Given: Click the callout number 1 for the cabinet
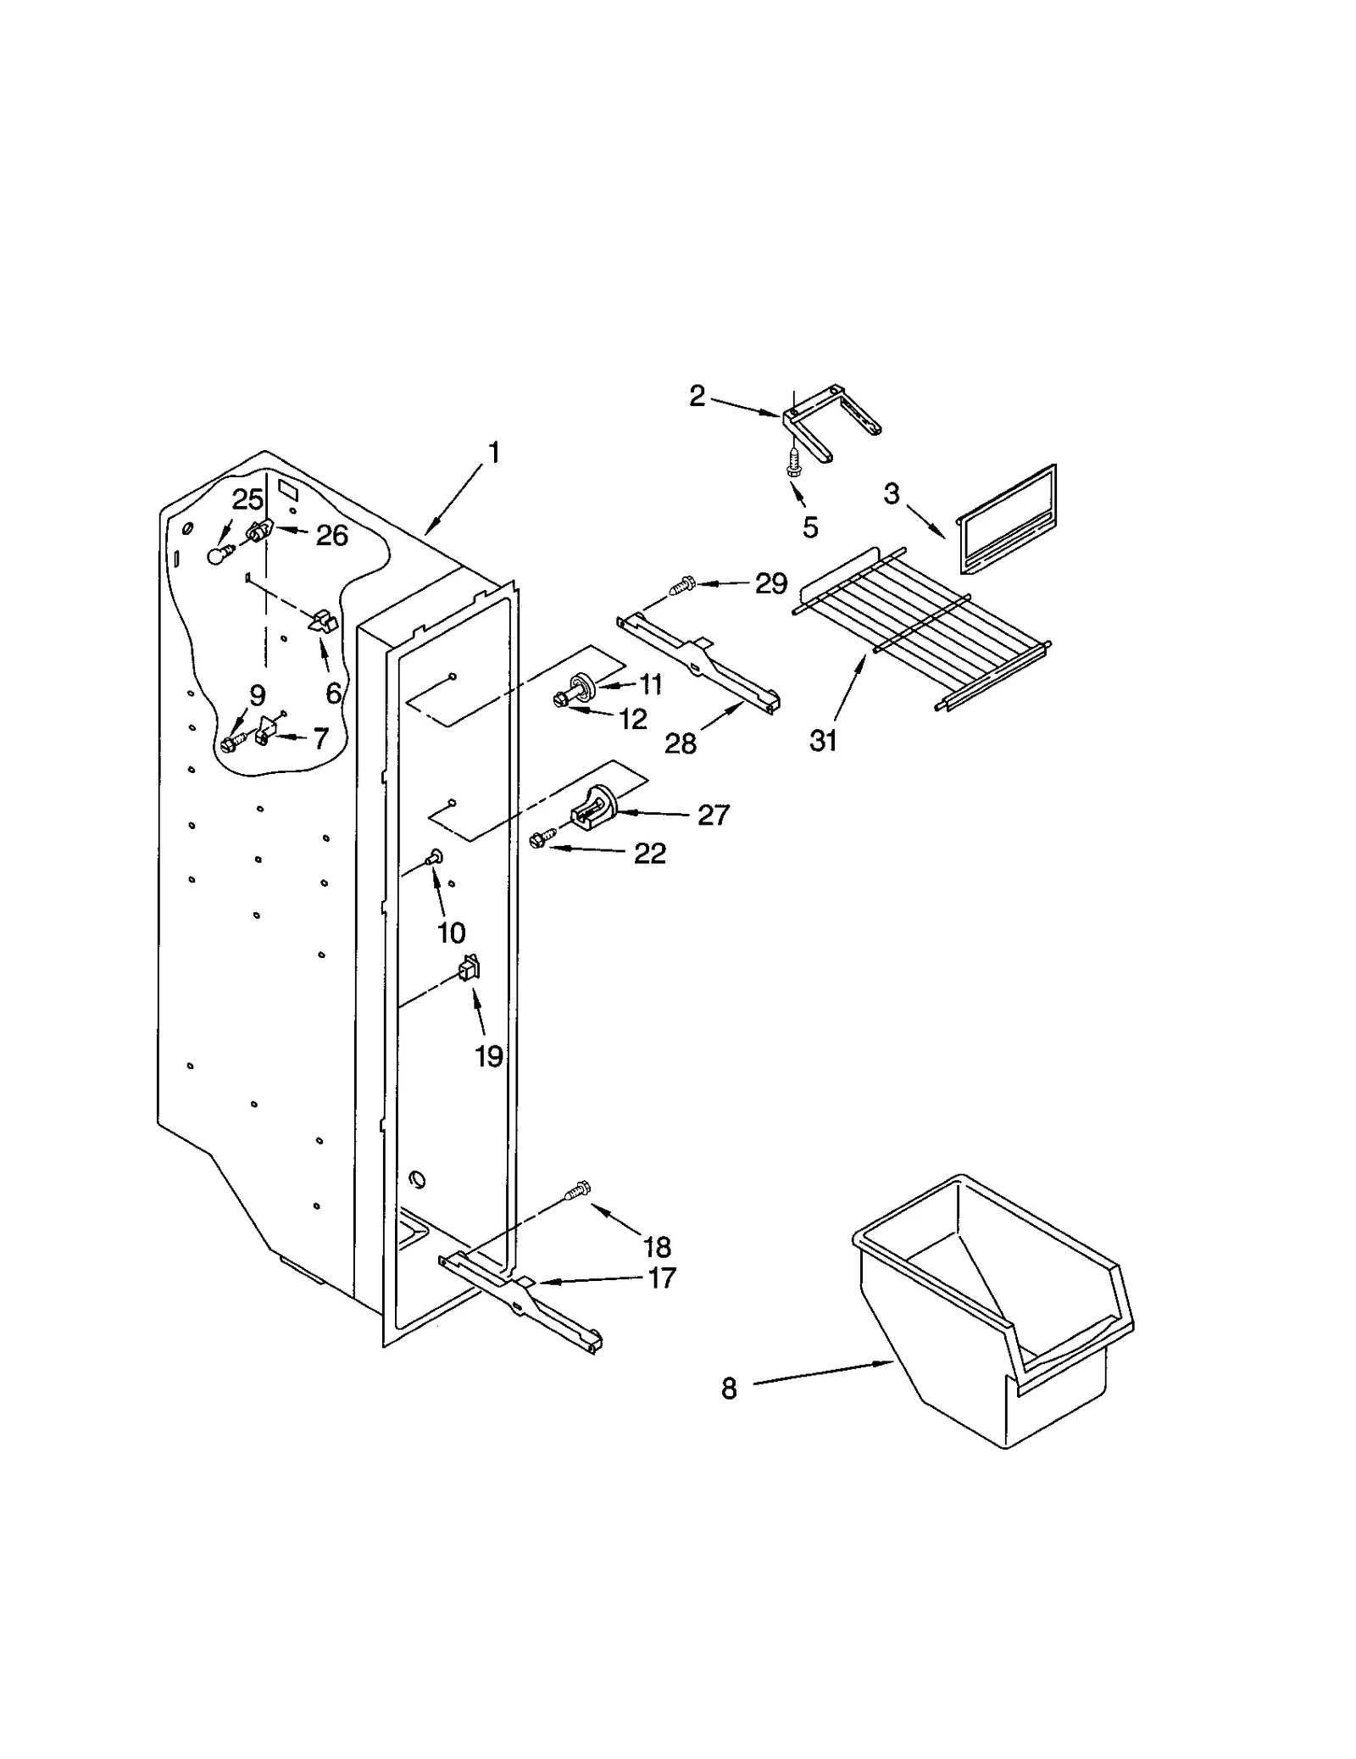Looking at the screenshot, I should [493, 454].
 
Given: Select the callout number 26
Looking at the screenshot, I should [332, 535].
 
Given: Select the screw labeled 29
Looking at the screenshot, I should [683, 584].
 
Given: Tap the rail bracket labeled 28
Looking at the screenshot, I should [700, 665].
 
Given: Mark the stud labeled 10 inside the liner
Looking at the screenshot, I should [436, 857].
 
